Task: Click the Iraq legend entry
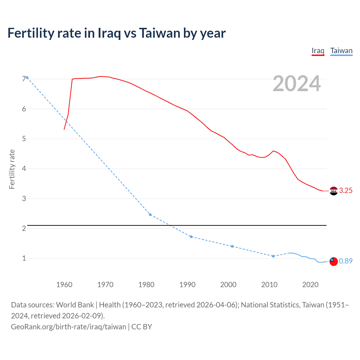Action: pos(318,51)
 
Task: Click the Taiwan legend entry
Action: pos(341,51)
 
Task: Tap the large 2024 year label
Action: pos(296,84)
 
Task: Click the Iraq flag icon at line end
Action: pos(333,191)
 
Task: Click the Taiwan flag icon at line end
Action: pos(333,261)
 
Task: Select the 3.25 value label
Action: pos(346,191)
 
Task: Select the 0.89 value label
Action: pos(346,261)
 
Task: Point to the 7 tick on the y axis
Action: pos(24,79)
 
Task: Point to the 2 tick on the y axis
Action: pos(24,228)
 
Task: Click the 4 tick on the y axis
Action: pos(24,169)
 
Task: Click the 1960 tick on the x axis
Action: pos(64,285)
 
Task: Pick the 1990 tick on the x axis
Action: pos(187,285)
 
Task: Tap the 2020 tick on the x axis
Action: pos(310,285)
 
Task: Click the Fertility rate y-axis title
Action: pos(12,169)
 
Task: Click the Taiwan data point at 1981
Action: pos(150,215)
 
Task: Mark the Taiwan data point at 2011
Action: pos(273,256)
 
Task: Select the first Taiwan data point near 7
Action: pos(27,78)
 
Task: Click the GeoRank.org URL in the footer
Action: pos(69,327)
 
